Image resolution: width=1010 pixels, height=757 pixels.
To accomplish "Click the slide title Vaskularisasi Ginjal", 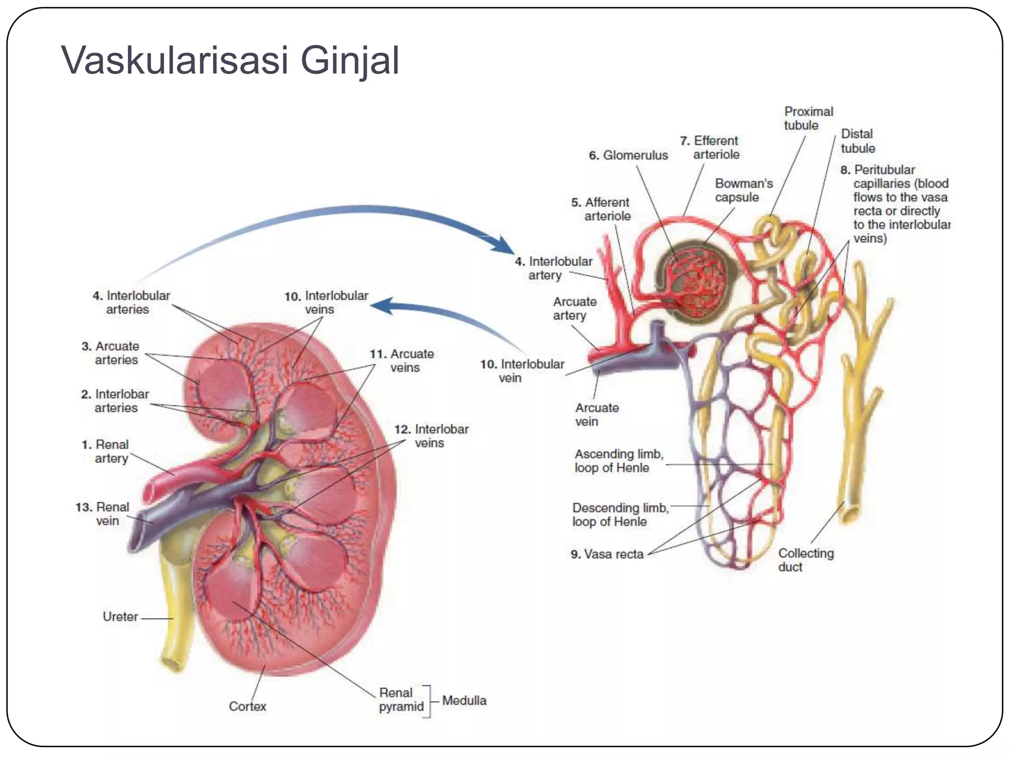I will [230, 60].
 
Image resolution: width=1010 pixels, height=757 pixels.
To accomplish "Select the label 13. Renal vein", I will [103, 514].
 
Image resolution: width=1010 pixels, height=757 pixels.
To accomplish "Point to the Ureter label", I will [120, 617].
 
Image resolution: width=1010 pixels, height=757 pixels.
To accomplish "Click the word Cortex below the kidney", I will [248, 706].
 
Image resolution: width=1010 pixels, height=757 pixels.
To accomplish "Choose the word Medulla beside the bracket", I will [464, 700].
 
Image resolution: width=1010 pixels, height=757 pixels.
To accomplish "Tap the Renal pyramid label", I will [401, 699].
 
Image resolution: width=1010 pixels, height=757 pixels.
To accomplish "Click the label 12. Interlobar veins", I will [432, 436].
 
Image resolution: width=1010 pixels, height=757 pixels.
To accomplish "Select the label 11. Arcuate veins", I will [402, 361].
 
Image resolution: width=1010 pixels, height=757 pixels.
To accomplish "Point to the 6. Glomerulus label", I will [628, 155].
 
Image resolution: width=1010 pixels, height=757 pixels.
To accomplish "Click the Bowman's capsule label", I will [744, 190].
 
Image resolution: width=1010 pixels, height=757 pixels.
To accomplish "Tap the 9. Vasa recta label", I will [608, 554].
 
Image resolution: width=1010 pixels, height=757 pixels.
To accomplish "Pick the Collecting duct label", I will [805, 560].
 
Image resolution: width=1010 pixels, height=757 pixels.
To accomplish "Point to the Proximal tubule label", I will [808, 118].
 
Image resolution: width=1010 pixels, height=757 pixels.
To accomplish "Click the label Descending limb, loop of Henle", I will [620, 515].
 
